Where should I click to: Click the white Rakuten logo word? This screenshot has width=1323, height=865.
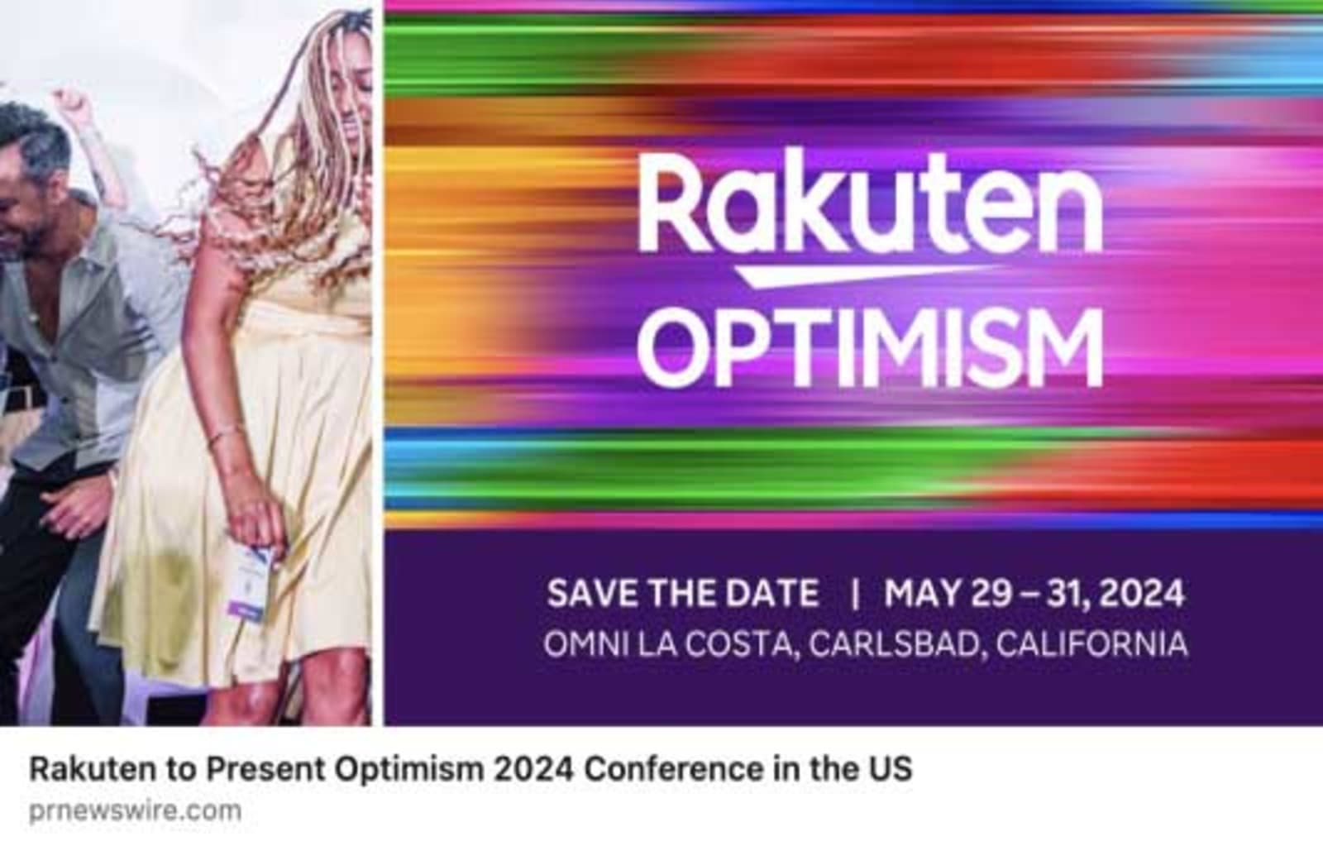(x=869, y=203)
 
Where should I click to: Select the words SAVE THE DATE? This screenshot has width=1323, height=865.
(x=683, y=593)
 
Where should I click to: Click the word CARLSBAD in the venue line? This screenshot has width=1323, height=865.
(x=894, y=644)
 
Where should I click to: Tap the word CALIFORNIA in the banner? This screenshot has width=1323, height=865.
(x=1091, y=644)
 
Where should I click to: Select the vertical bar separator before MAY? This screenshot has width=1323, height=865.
(x=855, y=594)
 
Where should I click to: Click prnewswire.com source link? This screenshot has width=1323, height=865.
(x=136, y=810)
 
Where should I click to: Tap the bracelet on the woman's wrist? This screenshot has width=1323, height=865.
(x=225, y=436)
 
